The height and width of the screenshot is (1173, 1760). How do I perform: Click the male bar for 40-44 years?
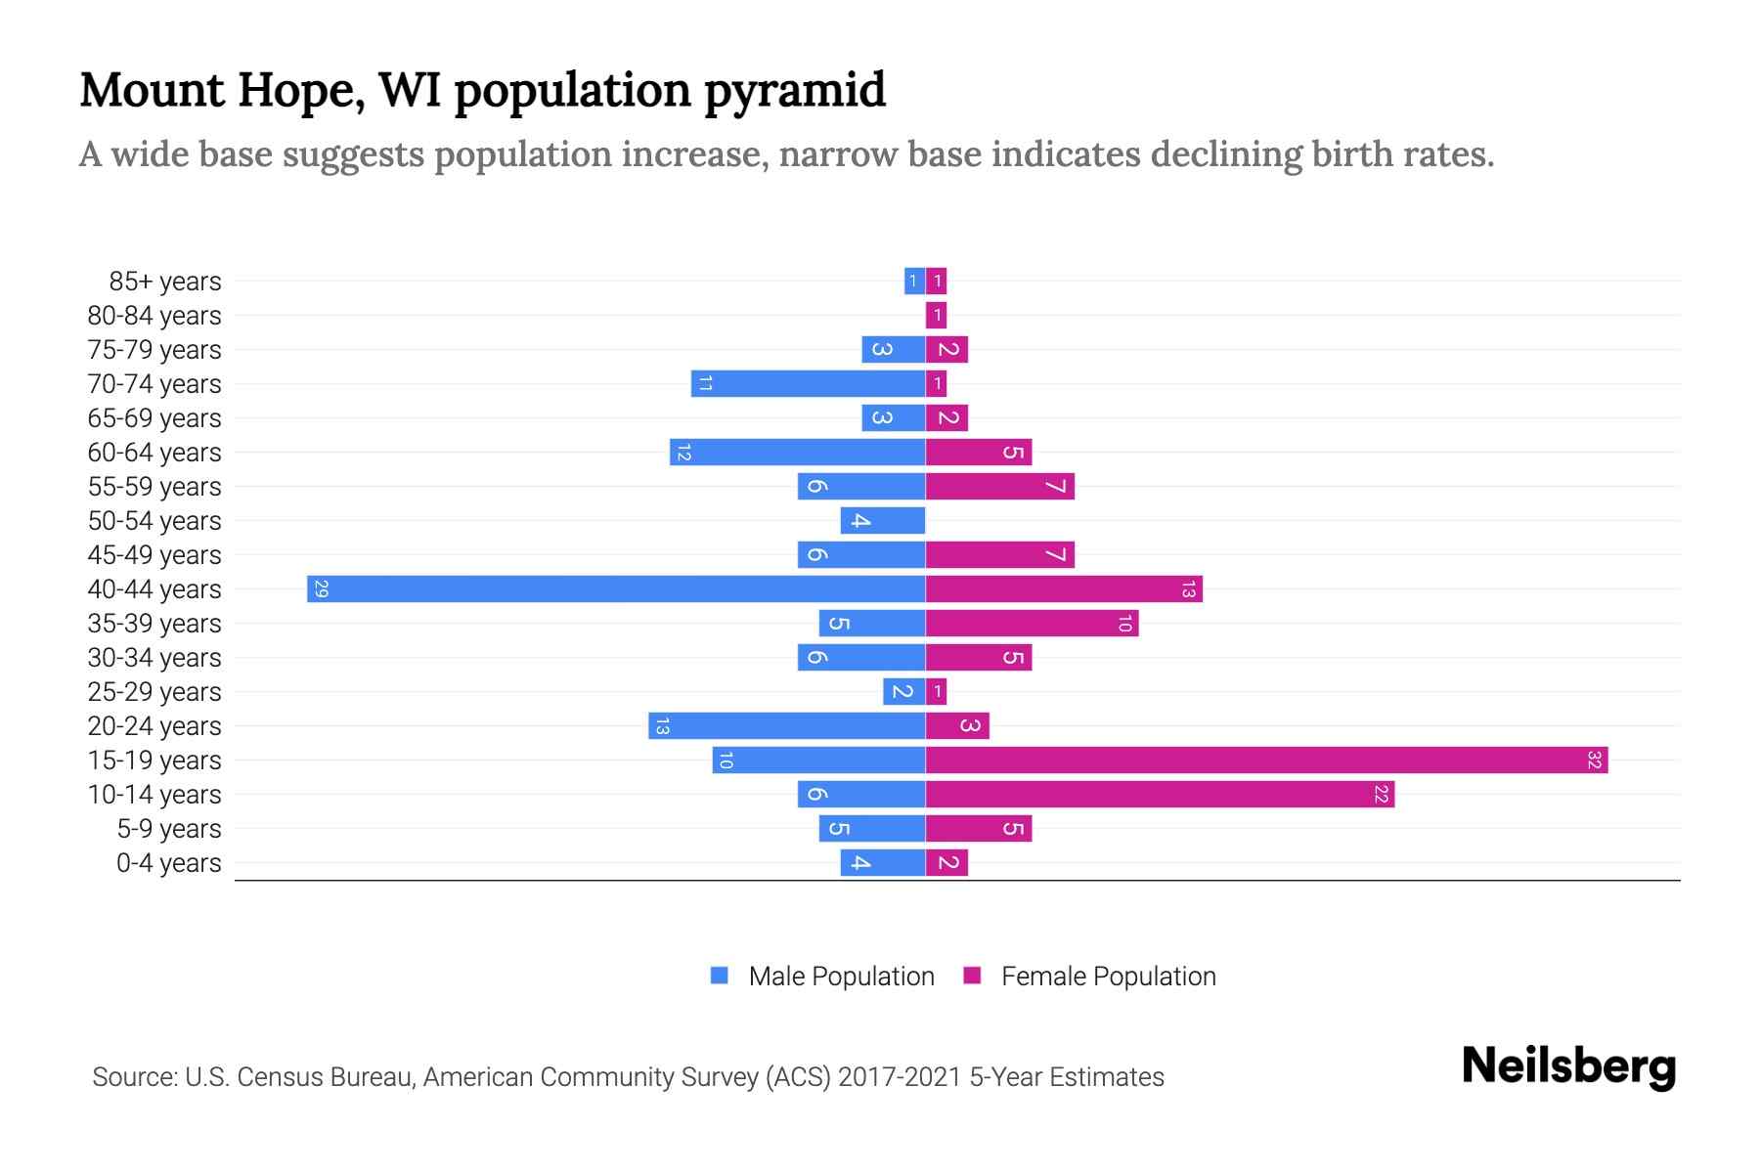point(616,589)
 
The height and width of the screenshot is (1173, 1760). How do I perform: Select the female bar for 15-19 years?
point(1266,760)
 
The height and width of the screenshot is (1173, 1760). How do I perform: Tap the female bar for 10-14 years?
point(1160,795)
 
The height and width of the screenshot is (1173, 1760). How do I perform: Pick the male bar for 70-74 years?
point(808,384)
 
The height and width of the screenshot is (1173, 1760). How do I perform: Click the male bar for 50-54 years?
point(882,521)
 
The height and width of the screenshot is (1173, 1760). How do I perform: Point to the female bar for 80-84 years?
point(937,316)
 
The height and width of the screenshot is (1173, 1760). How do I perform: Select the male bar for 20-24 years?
point(786,726)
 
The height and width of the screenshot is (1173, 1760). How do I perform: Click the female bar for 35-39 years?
point(1032,624)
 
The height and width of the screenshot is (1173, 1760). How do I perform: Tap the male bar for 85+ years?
point(914,282)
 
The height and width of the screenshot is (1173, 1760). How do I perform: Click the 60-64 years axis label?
point(154,453)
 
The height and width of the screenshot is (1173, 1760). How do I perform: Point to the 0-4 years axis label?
point(168,863)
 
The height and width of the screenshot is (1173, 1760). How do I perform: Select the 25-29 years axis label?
point(154,692)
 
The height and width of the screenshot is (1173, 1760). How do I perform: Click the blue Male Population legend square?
point(720,976)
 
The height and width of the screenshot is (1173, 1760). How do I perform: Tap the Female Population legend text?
point(1108,977)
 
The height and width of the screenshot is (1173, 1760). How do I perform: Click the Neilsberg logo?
point(1568,1066)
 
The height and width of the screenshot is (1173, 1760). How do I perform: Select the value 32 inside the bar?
point(1594,760)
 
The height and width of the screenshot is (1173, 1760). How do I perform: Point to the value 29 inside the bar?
point(321,589)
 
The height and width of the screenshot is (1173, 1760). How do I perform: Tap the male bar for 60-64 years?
point(797,453)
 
